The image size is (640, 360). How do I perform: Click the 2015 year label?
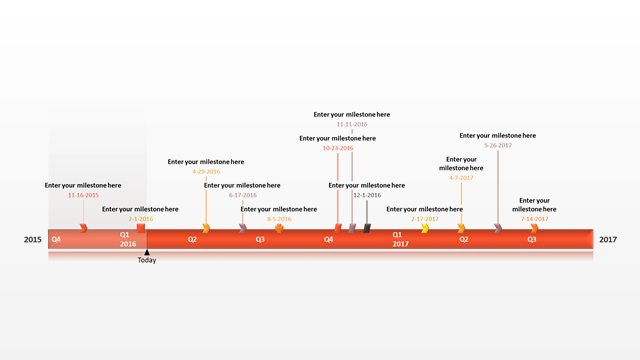click(33, 239)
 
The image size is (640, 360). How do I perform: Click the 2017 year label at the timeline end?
click(608, 239)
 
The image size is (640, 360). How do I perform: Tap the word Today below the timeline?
click(147, 260)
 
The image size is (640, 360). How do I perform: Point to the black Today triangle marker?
click(147, 252)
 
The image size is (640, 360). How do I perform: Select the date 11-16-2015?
click(83, 195)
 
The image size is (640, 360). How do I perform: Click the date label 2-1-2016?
click(141, 218)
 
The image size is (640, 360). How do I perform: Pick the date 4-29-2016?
click(206, 171)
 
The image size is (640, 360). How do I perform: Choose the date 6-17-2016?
click(242, 195)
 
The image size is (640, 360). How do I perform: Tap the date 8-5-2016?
click(279, 218)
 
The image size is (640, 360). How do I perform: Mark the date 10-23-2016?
click(338, 148)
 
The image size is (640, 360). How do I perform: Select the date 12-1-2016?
click(367, 195)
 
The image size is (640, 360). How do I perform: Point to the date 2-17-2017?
click(425, 218)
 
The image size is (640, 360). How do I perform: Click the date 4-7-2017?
click(461, 178)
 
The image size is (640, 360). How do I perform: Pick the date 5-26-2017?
click(498, 145)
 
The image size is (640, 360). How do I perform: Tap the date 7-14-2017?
click(534, 218)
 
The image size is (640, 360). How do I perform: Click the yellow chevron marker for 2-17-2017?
click(425, 229)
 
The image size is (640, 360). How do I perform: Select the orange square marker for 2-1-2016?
click(141, 228)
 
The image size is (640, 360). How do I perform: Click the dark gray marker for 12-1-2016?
click(367, 229)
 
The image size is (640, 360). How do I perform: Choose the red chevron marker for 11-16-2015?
click(84, 229)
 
